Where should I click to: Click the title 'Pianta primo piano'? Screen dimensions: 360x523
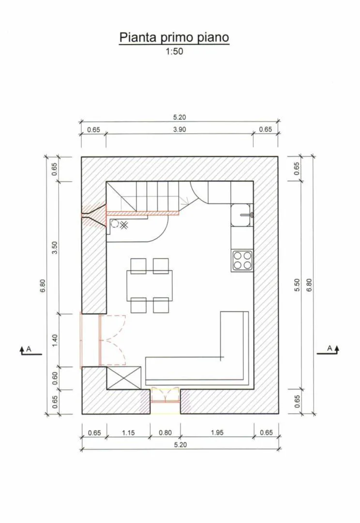point(174,37)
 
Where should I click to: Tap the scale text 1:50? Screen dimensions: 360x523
point(174,51)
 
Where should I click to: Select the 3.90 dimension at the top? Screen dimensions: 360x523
point(180,129)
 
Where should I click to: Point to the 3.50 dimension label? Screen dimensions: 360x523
point(55,247)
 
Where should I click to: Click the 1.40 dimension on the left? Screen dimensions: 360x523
point(55,340)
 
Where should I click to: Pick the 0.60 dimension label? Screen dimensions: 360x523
point(55,378)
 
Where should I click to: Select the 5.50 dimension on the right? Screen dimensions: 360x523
point(297,285)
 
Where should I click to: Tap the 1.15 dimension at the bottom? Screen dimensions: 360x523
point(128,432)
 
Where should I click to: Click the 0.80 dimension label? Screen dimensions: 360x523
point(165,432)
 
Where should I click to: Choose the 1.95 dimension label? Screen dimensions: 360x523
point(217,432)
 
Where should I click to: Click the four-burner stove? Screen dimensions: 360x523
point(242,261)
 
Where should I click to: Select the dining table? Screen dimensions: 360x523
point(150,286)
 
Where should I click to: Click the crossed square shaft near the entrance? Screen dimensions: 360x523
point(124,378)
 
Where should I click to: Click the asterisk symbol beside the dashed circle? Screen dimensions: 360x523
point(124,225)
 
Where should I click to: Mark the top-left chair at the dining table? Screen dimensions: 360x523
point(138,266)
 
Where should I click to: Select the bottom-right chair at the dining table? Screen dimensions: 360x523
point(161,305)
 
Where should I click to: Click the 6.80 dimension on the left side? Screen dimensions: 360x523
point(43,285)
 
